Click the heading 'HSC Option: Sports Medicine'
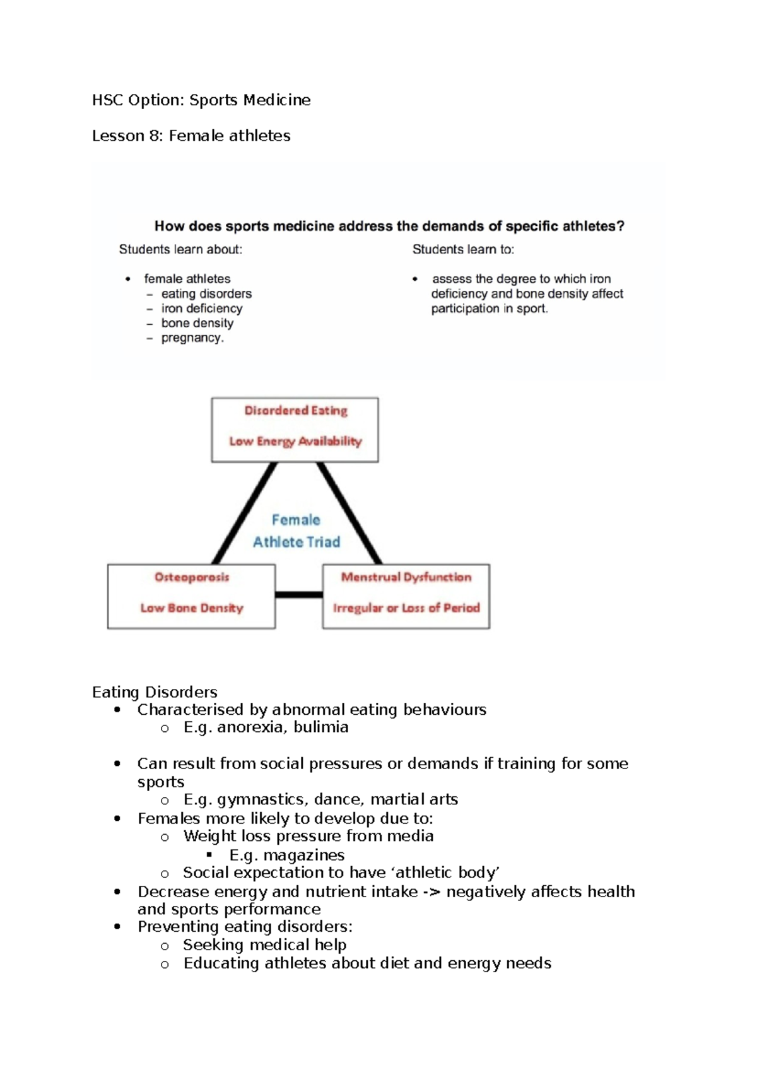pos(201,100)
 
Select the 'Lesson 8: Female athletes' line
pos(191,136)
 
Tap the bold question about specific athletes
pos(389,226)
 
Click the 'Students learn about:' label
pos(180,250)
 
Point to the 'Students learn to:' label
pos(463,250)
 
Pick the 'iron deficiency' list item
pos(201,309)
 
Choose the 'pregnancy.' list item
pos(192,338)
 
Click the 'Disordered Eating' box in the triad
pos(295,429)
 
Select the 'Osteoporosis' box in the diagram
pos(191,596)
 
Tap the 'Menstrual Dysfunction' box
pos(406,596)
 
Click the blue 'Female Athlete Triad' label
pos(296,531)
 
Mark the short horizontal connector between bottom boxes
pos(299,594)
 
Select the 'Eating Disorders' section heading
pos(155,692)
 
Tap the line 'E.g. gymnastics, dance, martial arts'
pos(320,800)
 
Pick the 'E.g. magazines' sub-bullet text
pos(287,855)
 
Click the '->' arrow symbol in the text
pos(431,892)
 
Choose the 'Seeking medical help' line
pos(265,945)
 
